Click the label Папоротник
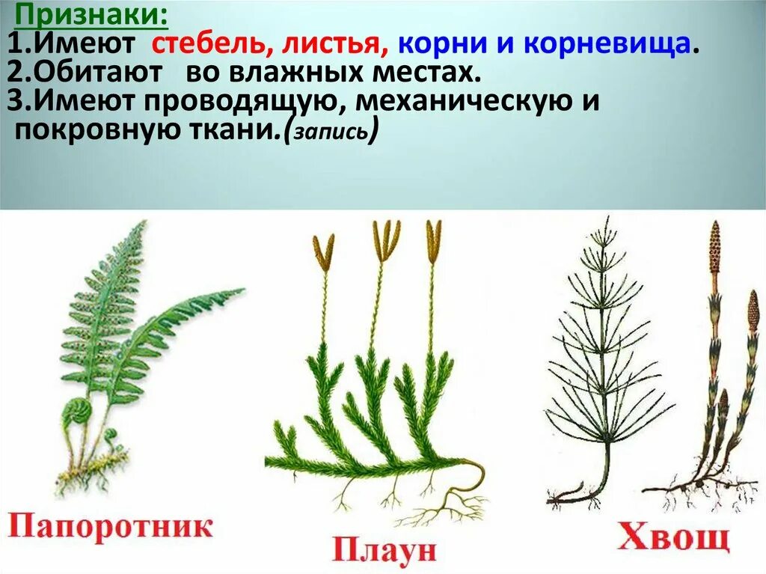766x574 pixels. click(x=110, y=526)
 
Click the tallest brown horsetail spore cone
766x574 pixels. click(x=715, y=247)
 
